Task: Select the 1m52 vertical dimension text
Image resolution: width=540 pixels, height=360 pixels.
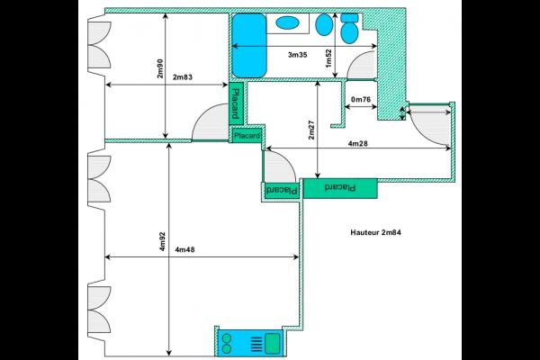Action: coord(329,57)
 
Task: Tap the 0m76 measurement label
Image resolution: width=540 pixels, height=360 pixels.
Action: coord(361,100)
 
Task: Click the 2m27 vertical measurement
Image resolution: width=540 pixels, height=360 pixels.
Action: coord(311,130)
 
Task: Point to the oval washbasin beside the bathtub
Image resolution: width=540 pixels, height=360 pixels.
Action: coord(287,22)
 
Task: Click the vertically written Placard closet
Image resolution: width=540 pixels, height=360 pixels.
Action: coord(235,103)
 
